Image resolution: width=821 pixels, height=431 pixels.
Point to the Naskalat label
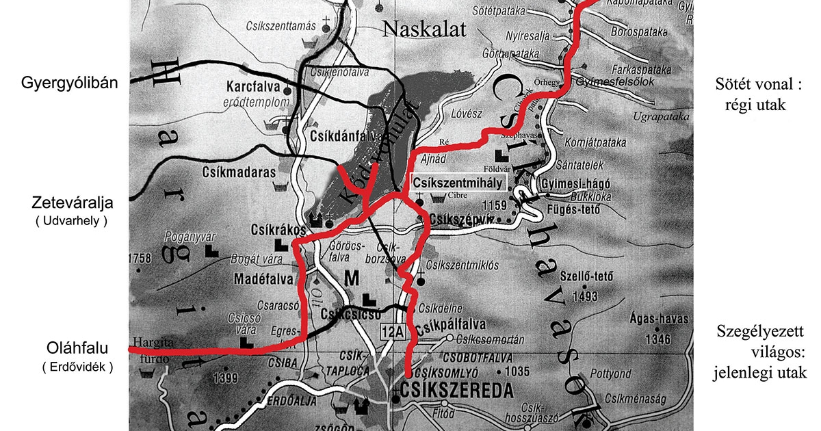(x=423, y=29)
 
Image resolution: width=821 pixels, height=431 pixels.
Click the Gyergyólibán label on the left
(x=70, y=83)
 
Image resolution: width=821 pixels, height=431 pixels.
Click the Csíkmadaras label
(x=234, y=174)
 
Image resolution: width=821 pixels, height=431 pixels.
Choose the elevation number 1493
(x=587, y=297)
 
